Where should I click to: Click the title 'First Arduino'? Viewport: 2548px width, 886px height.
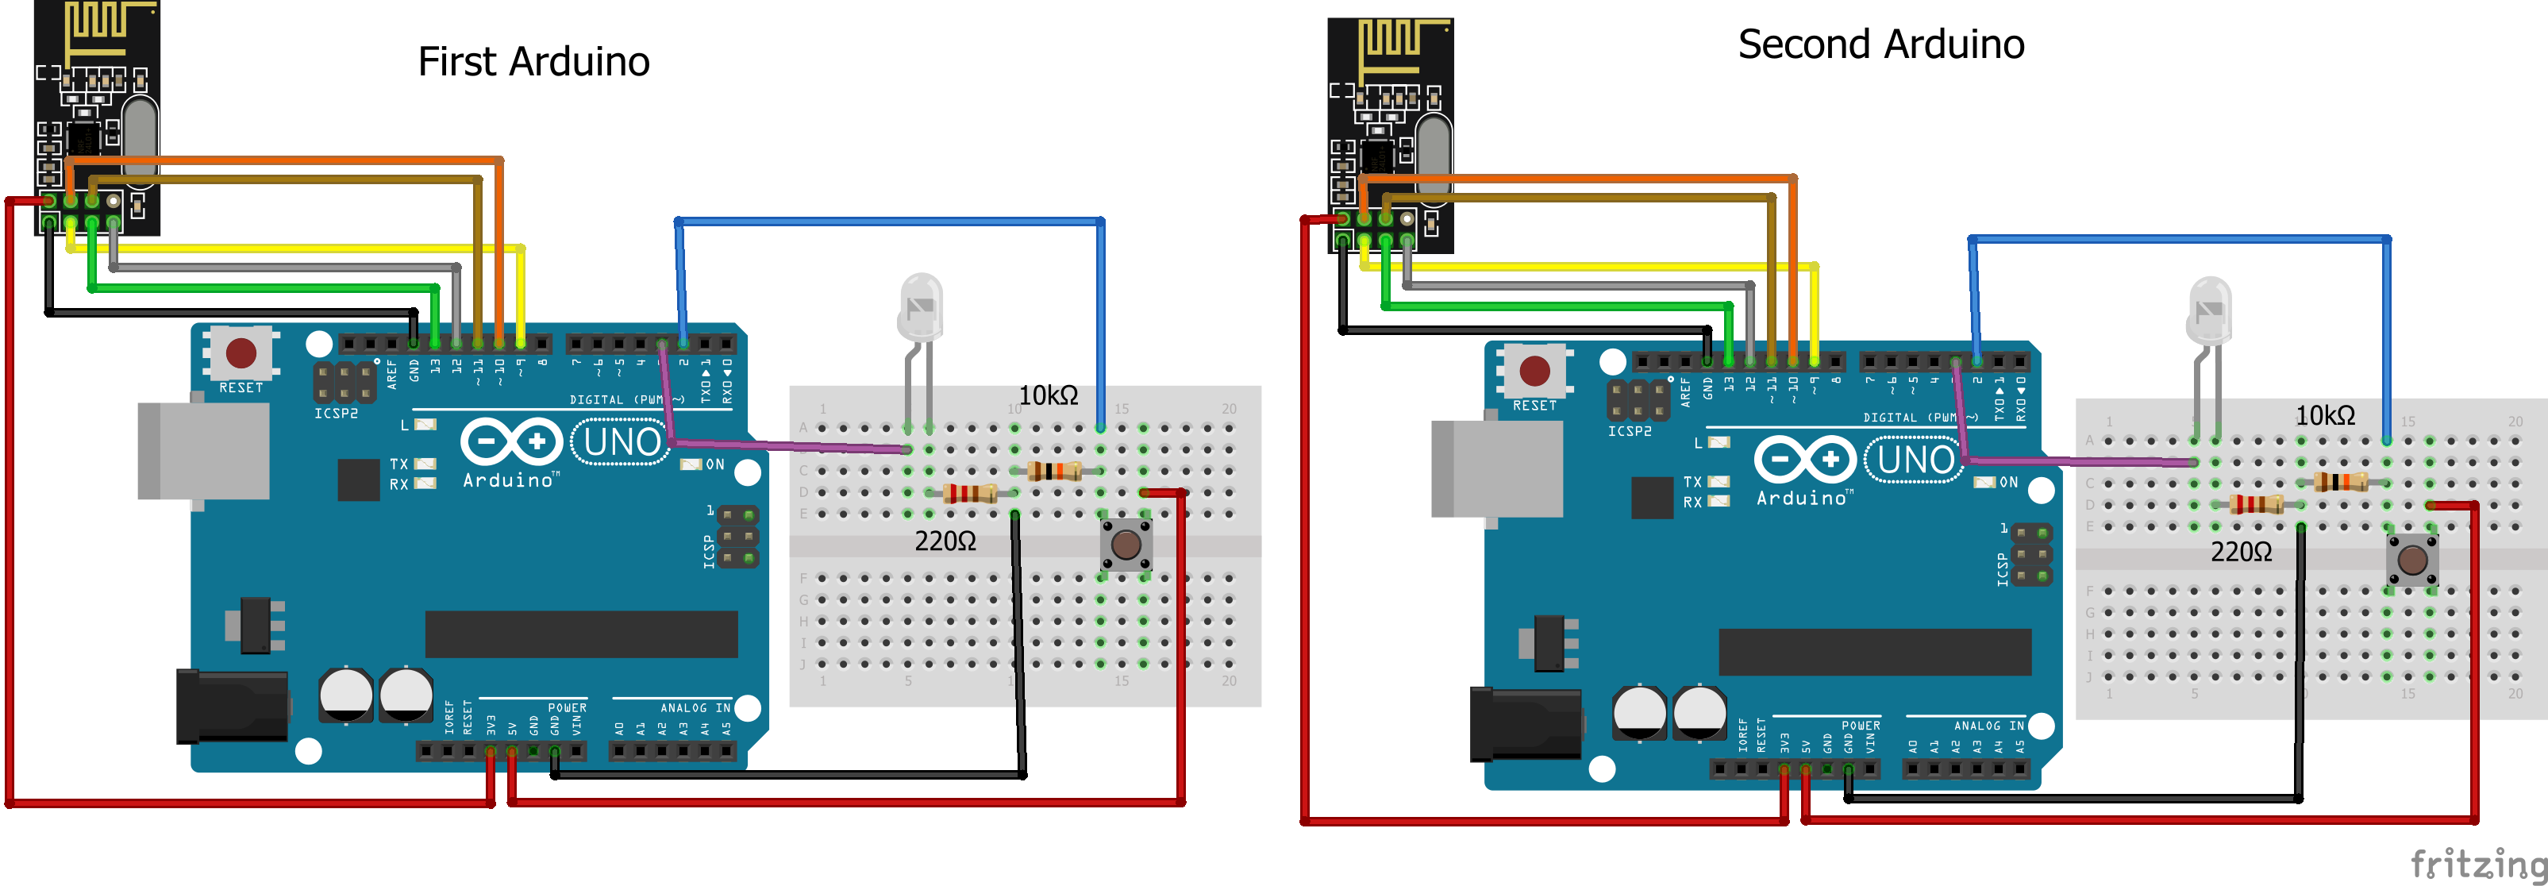[x=533, y=61]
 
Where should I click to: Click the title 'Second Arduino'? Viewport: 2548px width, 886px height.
[x=1880, y=44]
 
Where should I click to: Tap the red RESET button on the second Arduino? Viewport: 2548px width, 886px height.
[x=1534, y=371]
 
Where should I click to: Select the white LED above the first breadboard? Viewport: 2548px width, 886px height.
[x=920, y=306]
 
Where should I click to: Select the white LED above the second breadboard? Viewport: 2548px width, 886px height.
[x=2210, y=310]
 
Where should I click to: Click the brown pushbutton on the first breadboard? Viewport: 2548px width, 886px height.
[x=1126, y=545]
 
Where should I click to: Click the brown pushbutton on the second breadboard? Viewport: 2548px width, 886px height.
[x=2412, y=560]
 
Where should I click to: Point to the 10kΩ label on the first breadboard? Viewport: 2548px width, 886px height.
[x=1048, y=395]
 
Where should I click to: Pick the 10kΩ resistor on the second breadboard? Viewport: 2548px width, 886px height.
[x=2340, y=482]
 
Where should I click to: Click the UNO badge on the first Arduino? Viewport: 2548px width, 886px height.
[x=622, y=442]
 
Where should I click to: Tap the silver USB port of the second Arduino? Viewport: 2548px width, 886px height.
[x=1495, y=468]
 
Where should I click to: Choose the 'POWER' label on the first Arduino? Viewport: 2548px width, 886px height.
[x=567, y=708]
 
